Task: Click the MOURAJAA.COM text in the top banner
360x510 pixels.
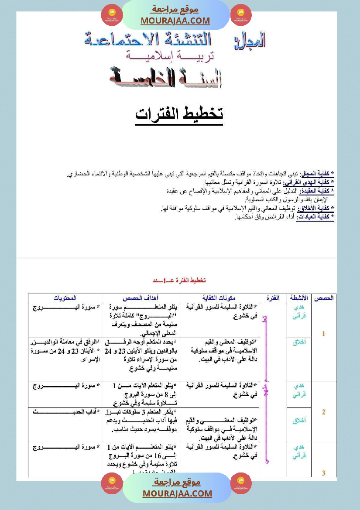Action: (175, 21)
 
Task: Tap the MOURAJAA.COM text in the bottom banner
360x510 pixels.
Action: (177, 493)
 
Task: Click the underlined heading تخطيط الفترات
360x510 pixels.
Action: (179, 113)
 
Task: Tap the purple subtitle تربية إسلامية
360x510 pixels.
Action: (170, 56)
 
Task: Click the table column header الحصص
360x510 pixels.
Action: (323, 298)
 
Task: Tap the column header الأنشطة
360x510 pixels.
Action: (298, 298)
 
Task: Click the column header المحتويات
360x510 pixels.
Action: (65, 298)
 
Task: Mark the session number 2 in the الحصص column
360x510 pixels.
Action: (323, 412)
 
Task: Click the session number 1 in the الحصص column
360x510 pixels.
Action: (323, 334)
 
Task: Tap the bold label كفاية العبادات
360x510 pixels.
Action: (315, 217)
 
